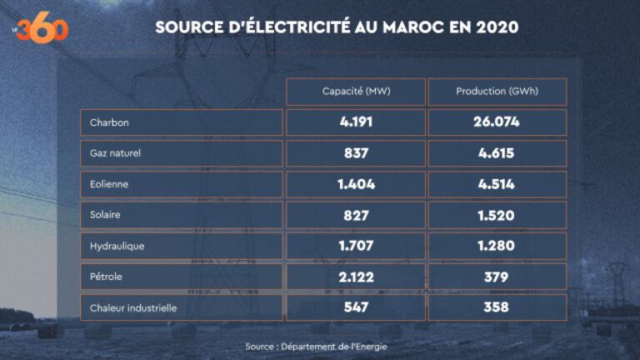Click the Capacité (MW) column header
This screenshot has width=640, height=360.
[355, 92]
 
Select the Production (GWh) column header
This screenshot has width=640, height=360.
[497, 92]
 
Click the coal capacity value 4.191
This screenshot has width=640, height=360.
[355, 122]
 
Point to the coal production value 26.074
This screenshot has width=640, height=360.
[497, 122]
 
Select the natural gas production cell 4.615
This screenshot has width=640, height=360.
[497, 153]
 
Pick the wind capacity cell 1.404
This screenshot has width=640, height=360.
[355, 184]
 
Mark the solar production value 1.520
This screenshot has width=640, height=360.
[497, 215]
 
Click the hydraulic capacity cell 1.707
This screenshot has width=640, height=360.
[355, 246]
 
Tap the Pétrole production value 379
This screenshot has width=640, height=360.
[497, 277]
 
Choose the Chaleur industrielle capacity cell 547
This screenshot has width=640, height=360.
[355, 307]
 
